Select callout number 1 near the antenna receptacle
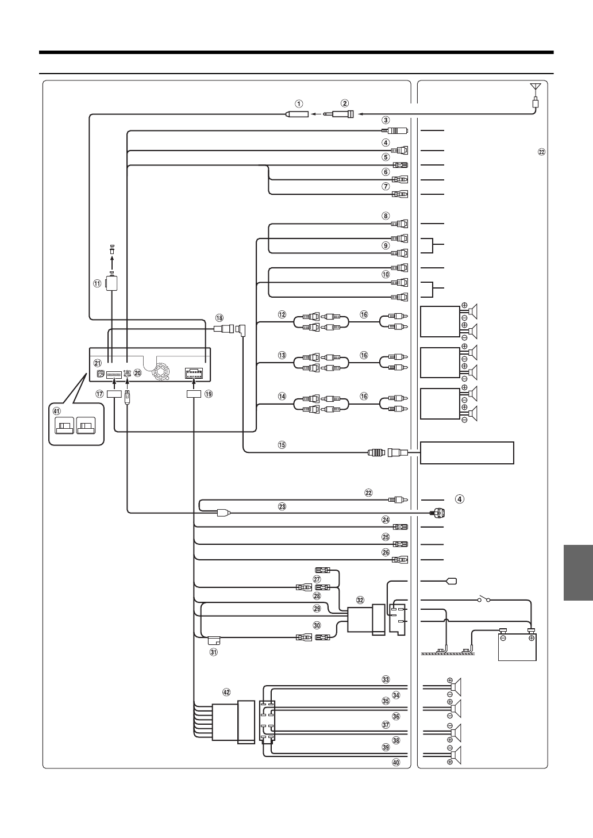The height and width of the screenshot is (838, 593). [x=299, y=104]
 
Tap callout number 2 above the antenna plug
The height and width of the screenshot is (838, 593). [x=344, y=103]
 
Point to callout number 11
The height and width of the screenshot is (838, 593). [x=97, y=283]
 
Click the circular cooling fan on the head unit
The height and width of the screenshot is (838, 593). [x=160, y=372]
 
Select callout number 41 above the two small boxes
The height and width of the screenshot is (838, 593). [x=56, y=411]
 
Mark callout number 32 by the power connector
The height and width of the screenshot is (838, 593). [x=360, y=599]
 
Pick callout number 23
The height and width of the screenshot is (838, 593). [x=282, y=506]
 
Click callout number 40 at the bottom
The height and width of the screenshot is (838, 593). [x=395, y=763]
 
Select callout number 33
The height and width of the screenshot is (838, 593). [x=386, y=679]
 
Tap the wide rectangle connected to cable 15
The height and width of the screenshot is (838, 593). [x=467, y=452]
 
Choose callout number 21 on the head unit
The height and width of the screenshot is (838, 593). [x=98, y=363]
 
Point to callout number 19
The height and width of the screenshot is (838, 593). [x=209, y=394]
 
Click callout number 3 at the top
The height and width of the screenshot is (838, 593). [x=386, y=121]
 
